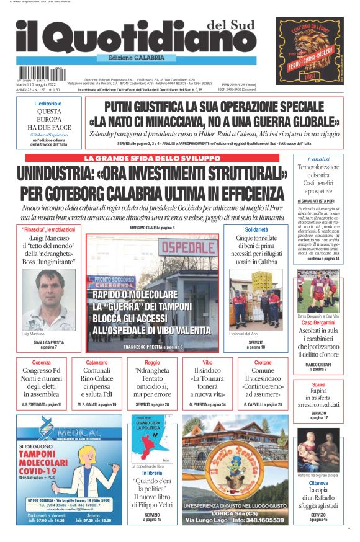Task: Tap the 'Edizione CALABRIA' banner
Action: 137,57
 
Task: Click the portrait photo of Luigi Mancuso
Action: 48,299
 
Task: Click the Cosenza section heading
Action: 42,362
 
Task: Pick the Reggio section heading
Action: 152,362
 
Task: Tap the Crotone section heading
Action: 263,362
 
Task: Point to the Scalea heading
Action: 318,384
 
